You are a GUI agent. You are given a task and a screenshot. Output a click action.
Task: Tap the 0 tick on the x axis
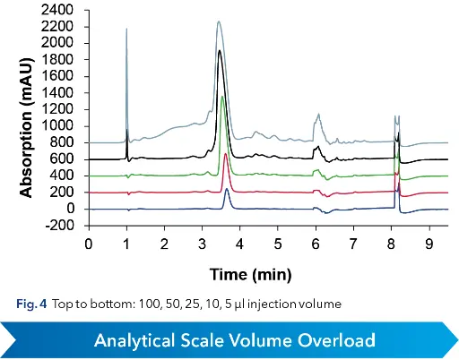[89, 243]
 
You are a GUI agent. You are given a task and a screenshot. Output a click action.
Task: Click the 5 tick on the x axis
[278, 243]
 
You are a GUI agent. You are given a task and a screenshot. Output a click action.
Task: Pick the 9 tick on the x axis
[429, 243]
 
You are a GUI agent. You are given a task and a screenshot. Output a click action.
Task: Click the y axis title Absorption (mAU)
[27, 119]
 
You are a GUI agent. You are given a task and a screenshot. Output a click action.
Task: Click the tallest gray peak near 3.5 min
[219, 21]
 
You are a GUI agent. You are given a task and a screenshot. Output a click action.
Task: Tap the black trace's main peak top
[220, 51]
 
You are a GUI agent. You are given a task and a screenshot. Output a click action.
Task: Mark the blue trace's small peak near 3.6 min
[227, 189]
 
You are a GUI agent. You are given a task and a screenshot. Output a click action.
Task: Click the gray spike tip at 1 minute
[126, 29]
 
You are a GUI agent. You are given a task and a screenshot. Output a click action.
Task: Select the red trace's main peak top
[225, 154]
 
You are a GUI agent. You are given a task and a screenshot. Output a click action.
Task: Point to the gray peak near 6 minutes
[316, 115]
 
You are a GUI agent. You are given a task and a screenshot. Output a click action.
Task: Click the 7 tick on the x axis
[353, 243]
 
